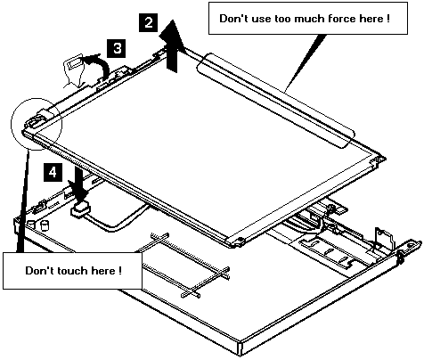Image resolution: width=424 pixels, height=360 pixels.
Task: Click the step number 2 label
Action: [x=149, y=22]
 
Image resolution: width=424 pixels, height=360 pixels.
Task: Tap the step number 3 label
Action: [x=117, y=48]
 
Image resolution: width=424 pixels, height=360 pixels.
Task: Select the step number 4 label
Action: [x=53, y=172]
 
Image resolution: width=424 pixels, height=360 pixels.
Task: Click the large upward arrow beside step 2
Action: [x=172, y=46]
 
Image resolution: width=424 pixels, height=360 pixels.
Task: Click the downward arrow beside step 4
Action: [x=79, y=184]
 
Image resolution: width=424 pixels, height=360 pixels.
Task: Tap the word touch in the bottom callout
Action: [x=72, y=271]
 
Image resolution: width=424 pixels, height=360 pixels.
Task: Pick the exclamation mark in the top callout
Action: [x=388, y=19]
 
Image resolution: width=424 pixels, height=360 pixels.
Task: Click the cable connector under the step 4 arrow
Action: [x=81, y=208]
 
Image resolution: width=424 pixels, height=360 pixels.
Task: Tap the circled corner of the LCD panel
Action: [x=37, y=124]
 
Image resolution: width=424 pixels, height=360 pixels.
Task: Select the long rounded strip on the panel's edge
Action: [x=275, y=101]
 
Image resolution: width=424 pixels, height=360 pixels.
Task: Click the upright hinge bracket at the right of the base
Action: [x=384, y=239]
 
